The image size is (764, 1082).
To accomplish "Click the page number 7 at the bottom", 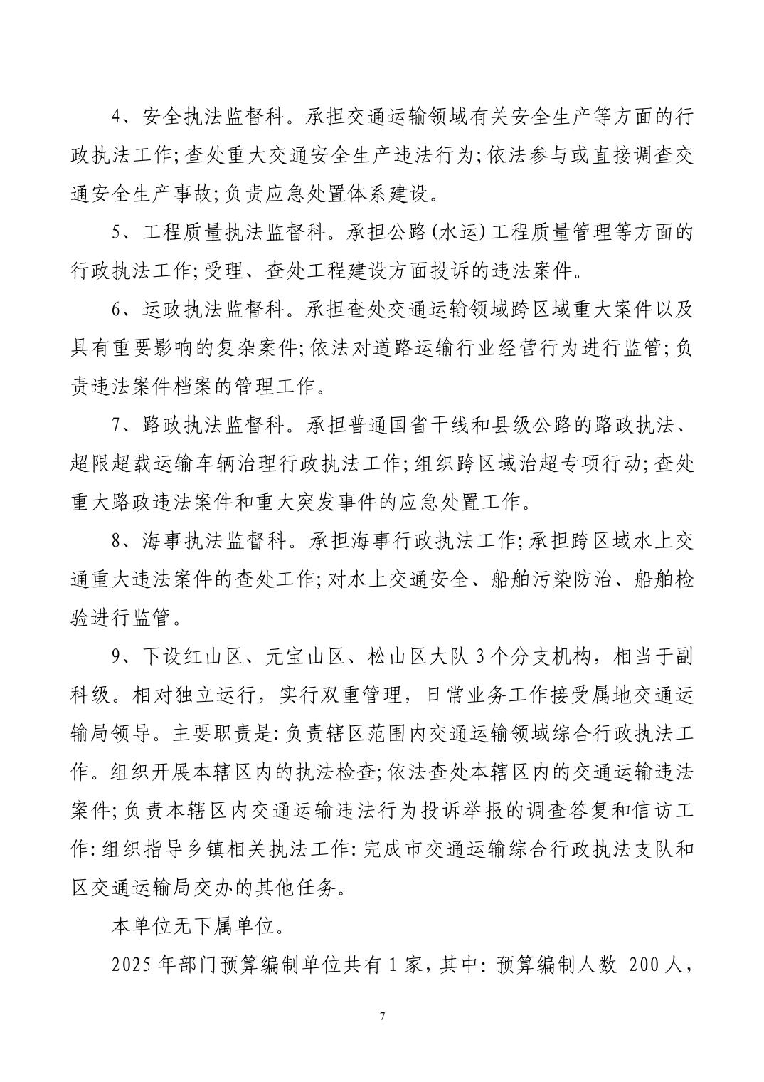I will (383, 1015).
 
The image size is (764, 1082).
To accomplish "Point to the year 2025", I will (130, 965).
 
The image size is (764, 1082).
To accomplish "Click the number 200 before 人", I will (644, 965).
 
